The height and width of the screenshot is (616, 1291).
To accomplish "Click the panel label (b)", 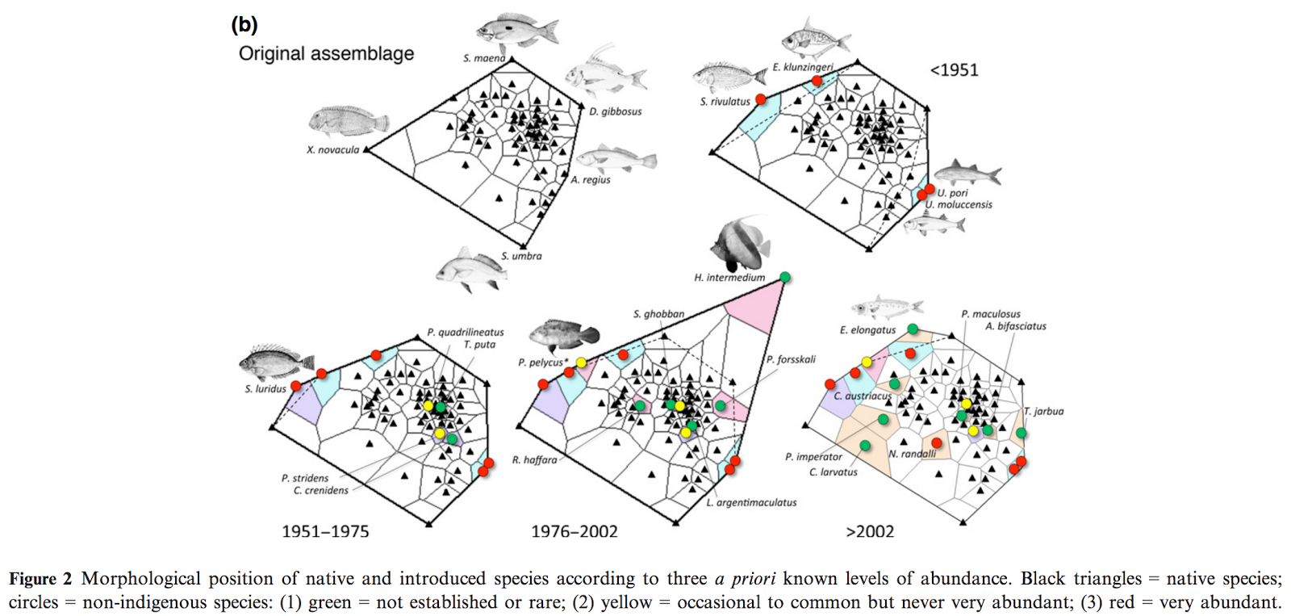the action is pos(244,25).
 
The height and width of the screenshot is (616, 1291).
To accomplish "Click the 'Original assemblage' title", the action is pos(326,53).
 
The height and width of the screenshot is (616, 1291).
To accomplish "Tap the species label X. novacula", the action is pos(333,150).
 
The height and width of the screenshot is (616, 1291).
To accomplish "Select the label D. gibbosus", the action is pos(615,112).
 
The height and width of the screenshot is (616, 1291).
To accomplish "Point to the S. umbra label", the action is pos(521,256).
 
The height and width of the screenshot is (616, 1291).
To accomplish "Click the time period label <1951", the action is pos(954,70).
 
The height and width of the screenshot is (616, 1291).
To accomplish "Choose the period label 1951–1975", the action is pos(325,531).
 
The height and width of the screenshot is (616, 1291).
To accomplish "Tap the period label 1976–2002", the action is pos(574,531).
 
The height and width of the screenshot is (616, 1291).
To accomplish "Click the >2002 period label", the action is pos(870,531).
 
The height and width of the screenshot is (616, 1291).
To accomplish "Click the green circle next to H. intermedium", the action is pos(784,278).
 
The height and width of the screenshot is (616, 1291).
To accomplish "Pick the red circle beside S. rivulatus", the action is pos(761,99).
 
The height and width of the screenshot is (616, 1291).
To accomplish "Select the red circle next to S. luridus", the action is pos(295,386).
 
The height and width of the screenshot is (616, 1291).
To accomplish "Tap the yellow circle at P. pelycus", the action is pos(581,362).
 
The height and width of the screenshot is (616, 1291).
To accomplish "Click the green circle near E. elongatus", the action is pos(913,329).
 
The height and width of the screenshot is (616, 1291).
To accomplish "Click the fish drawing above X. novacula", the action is pos(349,122).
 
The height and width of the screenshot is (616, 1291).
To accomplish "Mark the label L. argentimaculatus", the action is pos(751,503).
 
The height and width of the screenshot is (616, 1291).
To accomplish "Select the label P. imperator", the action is pos(813,457).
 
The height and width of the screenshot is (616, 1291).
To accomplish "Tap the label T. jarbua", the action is pos(1044,412).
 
